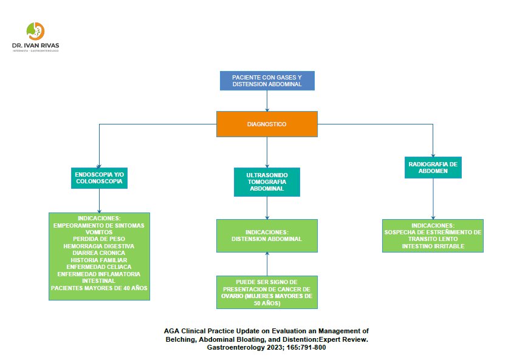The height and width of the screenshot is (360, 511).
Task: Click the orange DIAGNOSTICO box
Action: pos(267,124)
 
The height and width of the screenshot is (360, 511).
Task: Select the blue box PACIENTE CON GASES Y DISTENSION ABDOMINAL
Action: pos(267,81)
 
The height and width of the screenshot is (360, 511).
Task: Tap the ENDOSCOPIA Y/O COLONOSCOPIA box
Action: pos(99,177)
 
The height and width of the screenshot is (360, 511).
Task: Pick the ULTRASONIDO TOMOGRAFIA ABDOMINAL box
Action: pos(267,182)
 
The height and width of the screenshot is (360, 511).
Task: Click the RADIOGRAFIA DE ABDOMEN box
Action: pos(433,167)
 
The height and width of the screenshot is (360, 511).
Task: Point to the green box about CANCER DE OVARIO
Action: pos(267,293)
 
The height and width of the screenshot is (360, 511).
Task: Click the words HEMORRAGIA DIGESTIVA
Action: pos(99,246)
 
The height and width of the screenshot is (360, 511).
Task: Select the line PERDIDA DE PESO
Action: pos(99,239)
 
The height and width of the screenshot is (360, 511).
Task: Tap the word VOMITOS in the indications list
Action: pos(99,231)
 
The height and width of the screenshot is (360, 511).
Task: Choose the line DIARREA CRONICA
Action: pos(99,253)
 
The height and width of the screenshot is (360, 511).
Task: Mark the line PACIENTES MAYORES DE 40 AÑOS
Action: pos(99,288)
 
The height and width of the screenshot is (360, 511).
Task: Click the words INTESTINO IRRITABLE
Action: pos(433,246)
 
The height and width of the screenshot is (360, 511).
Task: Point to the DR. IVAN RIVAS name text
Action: pos(36,45)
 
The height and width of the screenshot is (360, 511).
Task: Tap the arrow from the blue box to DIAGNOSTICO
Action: pos(267,101)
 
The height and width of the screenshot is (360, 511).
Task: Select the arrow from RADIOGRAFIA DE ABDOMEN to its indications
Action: pos(433,199)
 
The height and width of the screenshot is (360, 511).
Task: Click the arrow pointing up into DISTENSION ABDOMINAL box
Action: pos(267,263)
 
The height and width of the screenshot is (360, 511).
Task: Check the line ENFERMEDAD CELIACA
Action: pos(99,267)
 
